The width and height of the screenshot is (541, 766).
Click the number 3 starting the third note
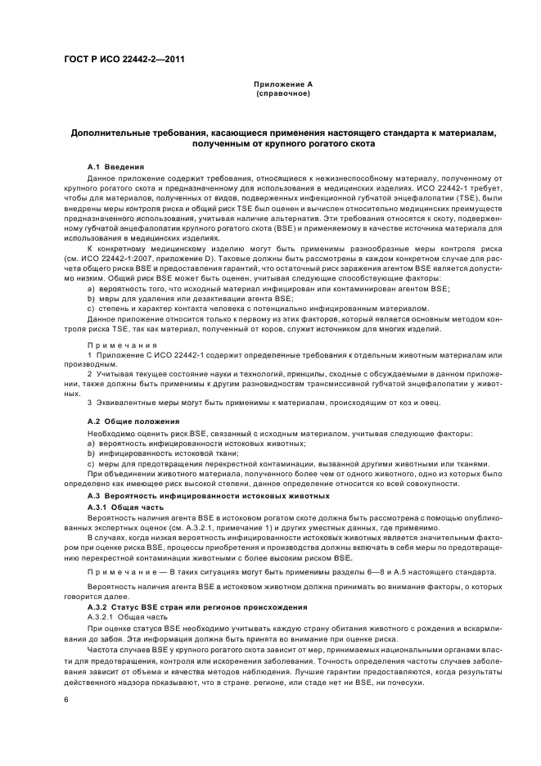click(90, 402)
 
